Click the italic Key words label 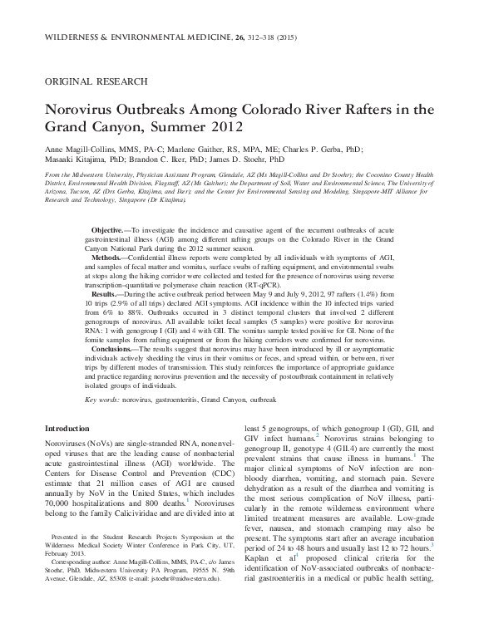102,399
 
